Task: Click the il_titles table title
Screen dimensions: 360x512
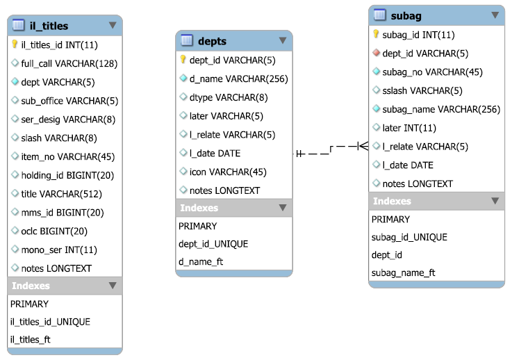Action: (49, 26)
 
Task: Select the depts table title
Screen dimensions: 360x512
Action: (212, 41)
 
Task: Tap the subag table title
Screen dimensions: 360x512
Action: (406, 15)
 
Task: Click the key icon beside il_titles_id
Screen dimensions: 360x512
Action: (15, 44)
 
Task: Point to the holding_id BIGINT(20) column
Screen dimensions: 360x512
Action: (63, 174)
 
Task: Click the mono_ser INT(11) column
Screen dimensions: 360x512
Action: (59, 249)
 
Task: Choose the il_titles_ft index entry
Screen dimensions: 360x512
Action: (30, 340)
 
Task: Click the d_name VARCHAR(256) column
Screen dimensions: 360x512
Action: (238, 79)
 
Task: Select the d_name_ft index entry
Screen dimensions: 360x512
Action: (201, 261)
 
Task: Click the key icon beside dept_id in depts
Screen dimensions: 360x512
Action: (183, 60)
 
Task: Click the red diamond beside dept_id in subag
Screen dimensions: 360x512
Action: (376, 53)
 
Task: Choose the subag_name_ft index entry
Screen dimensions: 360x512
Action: (403, 272)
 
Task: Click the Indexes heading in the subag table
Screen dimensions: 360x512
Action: (393, 201)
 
